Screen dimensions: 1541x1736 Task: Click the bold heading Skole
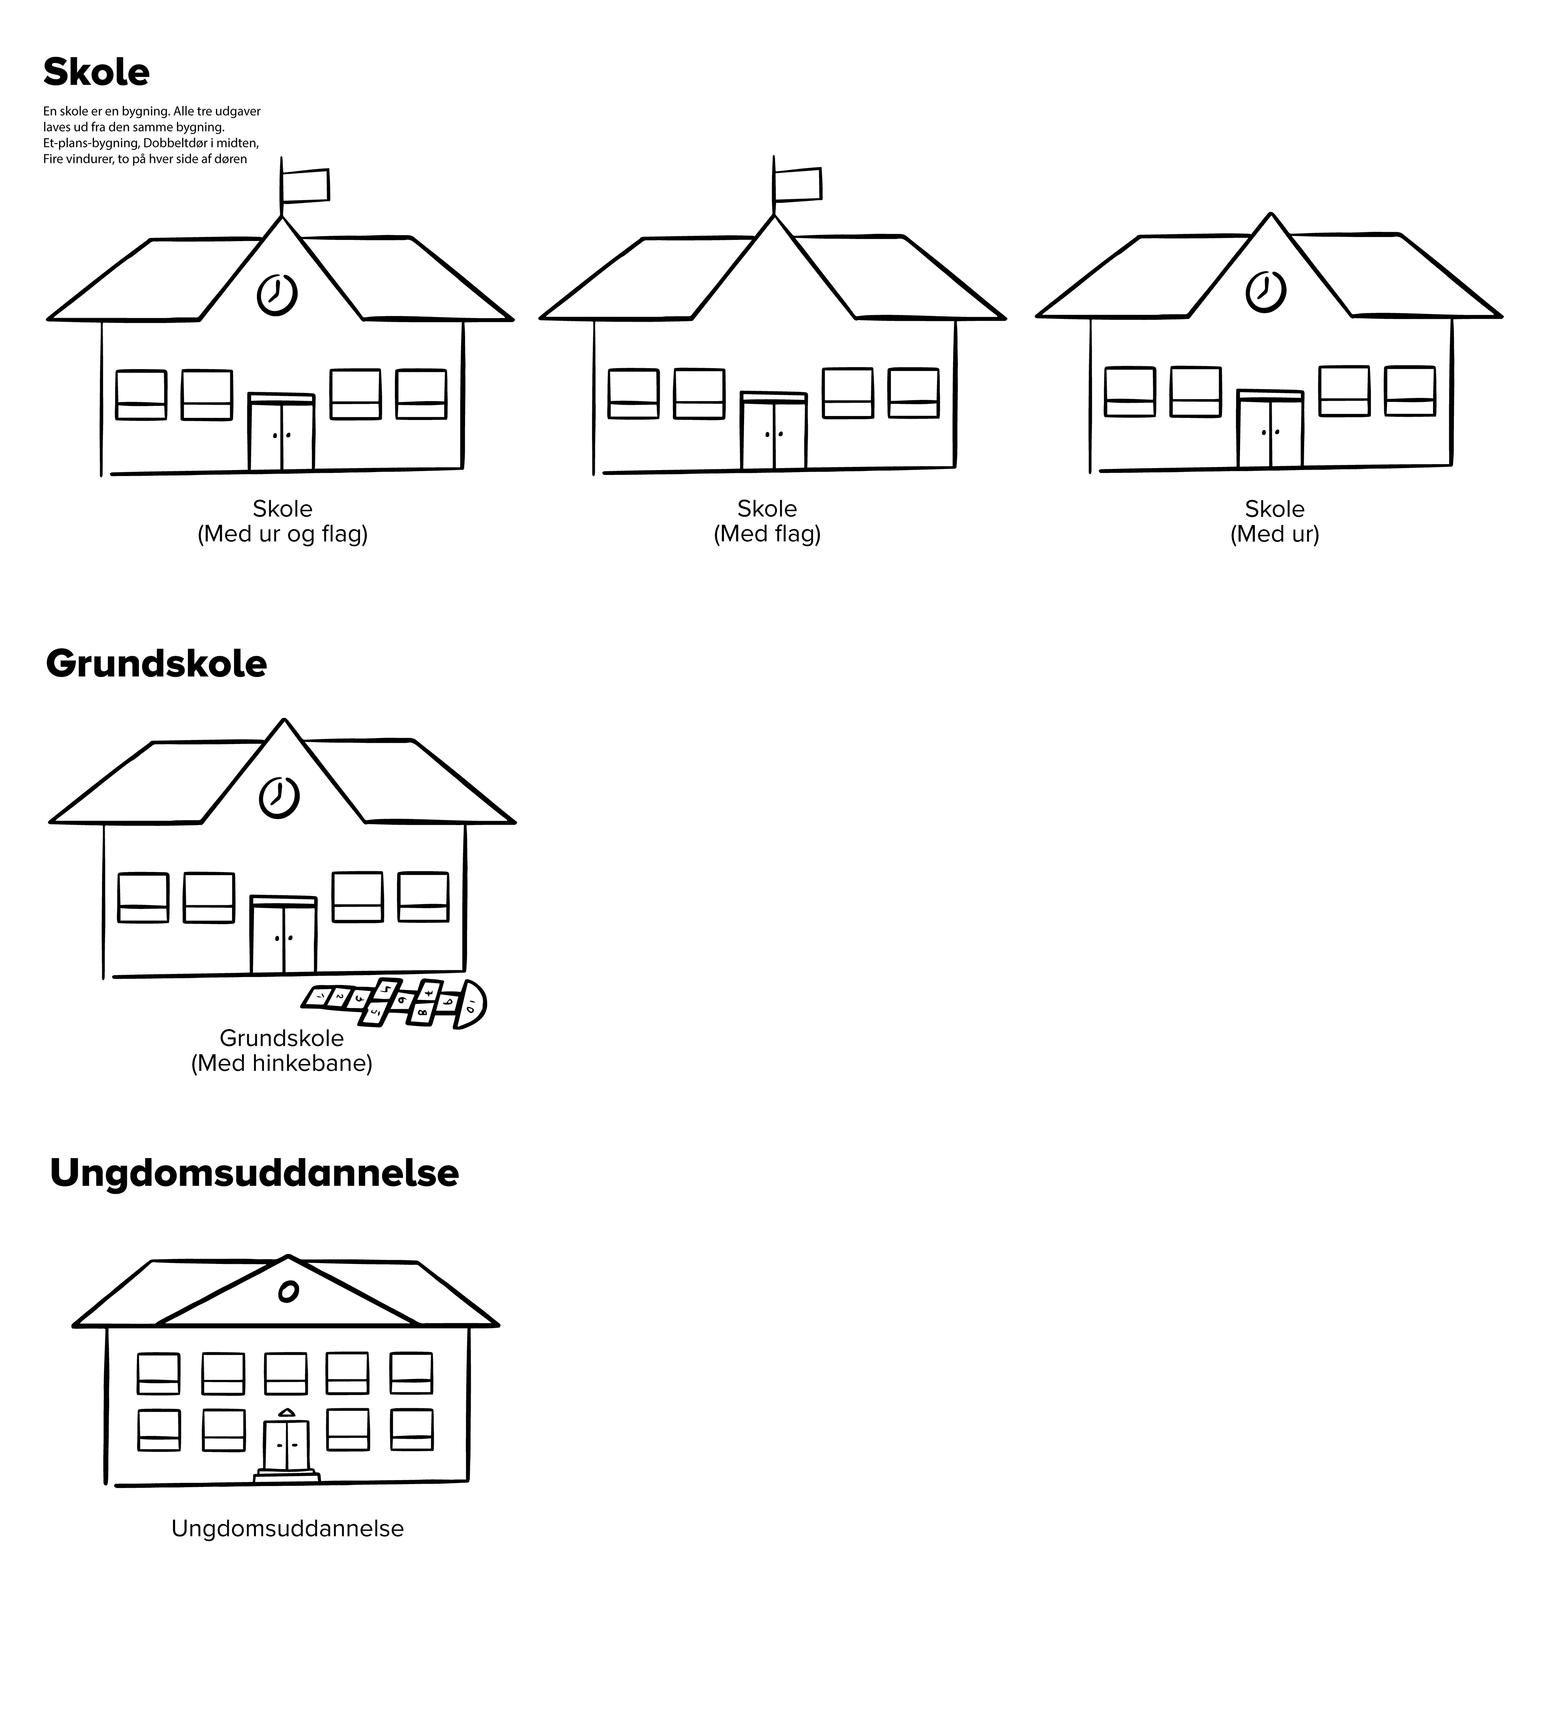click(96, 73)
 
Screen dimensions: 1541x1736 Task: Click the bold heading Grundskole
click(157, 664)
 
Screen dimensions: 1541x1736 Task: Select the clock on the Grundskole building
click(279, 797)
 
